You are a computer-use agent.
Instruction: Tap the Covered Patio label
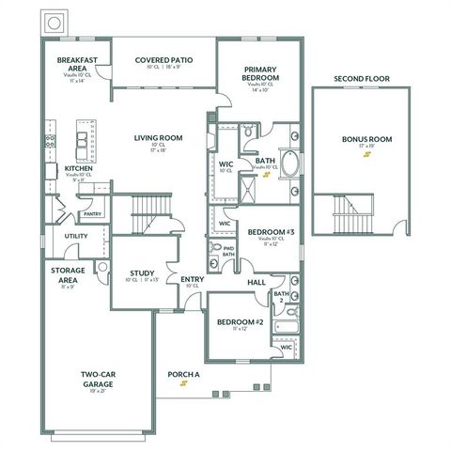pyautogui.click(x=163, y=57)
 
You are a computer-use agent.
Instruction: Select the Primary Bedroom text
pyautogui.click(x=259, y=74)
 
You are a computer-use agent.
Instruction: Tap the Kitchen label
pyautogui.click(x=78, y=169)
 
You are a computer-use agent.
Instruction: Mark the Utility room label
pyautogui.click(x=76, y=236)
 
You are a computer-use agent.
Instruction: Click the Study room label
pyautogui.click(x=142, y=273)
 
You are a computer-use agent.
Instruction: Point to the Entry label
pyautogui.click(x=192, y=279)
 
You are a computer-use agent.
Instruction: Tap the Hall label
pyautogui.click(x=257, y=282)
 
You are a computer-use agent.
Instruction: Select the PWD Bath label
pyautogui.click(x=228, y=250)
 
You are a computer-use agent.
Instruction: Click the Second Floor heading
pyautogui.click(x=362, y=78)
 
